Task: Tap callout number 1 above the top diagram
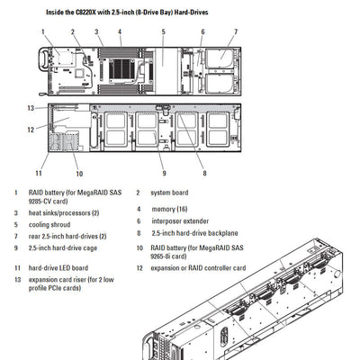pos(42,31)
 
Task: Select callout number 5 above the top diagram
pos(163,31)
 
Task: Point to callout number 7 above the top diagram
pos(236,31)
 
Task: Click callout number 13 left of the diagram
pos(30,108)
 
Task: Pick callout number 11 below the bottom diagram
pos(39,173)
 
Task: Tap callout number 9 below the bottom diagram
pos(164,173)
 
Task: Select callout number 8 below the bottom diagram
pos(204,173)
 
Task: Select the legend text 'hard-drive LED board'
pos(58,267)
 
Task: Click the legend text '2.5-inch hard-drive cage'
pos(63,247)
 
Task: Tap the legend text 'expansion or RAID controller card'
pos(197,267)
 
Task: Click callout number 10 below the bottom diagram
pos(79,173)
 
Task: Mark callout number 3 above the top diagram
pos(96,31)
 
